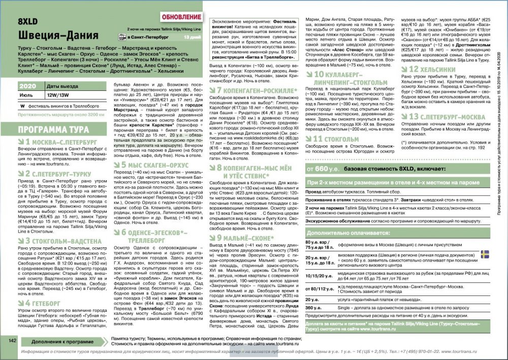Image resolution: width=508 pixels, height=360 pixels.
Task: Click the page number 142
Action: pos(13,341)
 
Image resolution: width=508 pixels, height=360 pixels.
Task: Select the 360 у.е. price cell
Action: pos(313,308)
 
